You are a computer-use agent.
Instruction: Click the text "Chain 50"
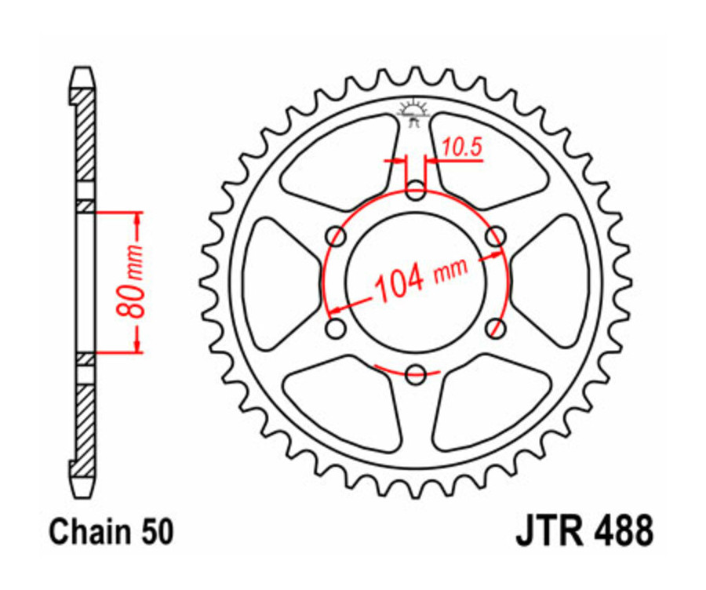coord(111,532)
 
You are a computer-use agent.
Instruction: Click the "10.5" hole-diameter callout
coord(461,145)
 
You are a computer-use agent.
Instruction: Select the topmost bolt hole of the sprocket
coord(416,189)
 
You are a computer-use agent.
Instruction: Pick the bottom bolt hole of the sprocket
coord(416,373)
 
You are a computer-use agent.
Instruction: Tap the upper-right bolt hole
coord(495,235)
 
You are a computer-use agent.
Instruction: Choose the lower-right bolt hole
coord(495,327)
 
